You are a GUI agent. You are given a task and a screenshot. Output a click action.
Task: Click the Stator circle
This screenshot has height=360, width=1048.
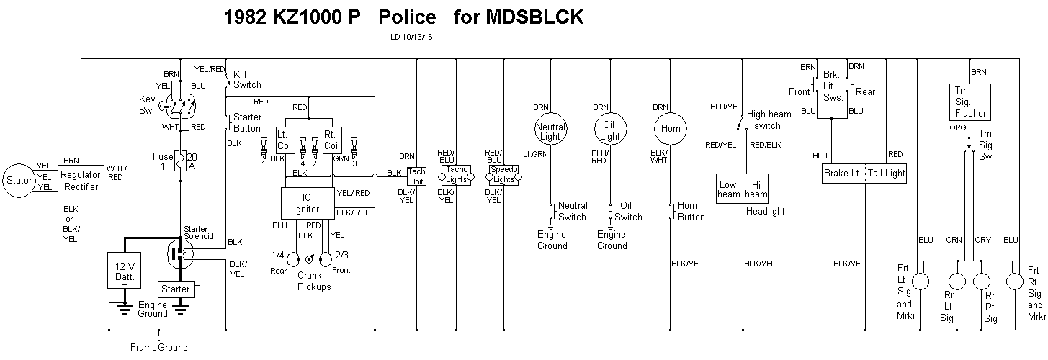19,180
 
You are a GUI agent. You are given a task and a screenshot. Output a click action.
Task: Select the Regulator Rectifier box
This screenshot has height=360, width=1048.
80,180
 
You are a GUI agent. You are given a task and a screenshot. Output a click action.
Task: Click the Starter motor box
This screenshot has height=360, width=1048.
176,289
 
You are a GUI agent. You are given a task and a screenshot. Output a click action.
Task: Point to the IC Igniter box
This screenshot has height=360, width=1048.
308,203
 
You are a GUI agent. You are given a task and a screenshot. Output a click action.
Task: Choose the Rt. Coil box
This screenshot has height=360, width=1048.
331,139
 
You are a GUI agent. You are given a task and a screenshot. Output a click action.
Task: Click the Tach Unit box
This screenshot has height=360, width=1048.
417,176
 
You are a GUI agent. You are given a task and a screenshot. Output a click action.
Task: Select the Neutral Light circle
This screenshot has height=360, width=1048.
550,131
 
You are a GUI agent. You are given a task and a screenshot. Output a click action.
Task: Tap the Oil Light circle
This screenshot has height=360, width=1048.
610,131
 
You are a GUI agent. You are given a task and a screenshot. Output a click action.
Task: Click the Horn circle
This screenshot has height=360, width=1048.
670,130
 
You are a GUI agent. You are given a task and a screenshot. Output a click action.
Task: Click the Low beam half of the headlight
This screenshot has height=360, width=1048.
729,189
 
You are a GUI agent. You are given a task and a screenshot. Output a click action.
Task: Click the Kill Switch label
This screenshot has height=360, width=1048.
246,79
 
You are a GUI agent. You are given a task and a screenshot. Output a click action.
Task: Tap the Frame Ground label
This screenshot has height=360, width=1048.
159,347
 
